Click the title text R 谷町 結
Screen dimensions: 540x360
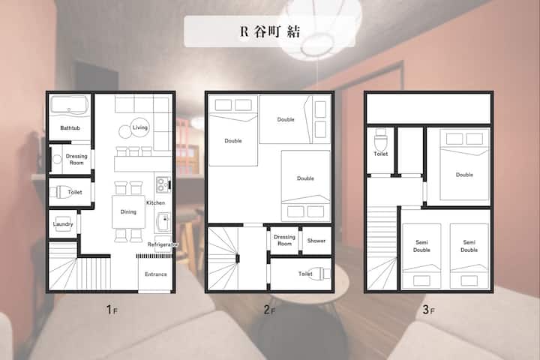click(x=270, y=31)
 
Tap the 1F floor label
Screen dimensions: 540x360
click(x=112, y=310)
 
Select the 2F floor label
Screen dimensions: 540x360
click(x=269, y=310)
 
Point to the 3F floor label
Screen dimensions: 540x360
click(x=428, y=310)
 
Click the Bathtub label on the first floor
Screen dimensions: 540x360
click(x=70, y=127)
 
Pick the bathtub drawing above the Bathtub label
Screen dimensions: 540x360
click(x=69, y=106)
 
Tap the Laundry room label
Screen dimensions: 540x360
click(x=63, y=224)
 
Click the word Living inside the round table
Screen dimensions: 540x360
click(x=139, y=127)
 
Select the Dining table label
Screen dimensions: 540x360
click(x=128, y=211)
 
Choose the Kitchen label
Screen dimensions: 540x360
click(x=155, y=203)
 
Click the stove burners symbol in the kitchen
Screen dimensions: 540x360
click(x=162, y=184)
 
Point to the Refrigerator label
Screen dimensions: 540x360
click(x=163, y=244)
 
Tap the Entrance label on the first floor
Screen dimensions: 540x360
click(x=156, y=274)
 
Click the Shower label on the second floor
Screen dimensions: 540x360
click(x=316, y=241)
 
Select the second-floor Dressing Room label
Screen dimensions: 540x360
click(x=284, y=240)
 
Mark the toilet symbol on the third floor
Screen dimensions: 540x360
click(x=380, y=139)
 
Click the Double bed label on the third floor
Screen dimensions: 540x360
click(x=464, y=175)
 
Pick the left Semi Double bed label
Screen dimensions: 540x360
click(x=421, y=246)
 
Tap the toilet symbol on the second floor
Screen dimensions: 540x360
click(x=319, y=274)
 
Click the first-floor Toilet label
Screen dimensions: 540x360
click(x=75, y=192)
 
